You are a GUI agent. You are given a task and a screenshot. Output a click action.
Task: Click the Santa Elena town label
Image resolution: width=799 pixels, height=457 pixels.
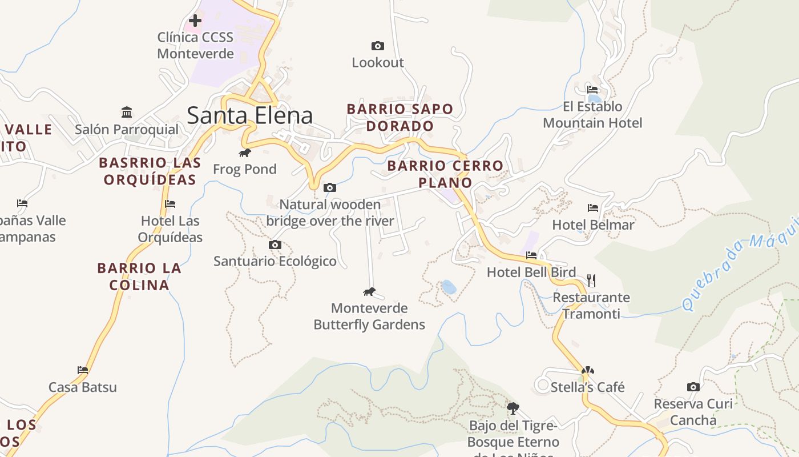pos(249,115)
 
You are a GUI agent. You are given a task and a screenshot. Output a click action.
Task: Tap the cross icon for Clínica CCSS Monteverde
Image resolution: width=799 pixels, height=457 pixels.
pos(195,21)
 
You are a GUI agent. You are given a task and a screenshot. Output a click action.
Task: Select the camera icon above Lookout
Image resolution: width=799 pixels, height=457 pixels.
pos(377,46)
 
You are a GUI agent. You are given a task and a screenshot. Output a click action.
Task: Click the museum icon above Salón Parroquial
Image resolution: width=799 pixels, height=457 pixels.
pos(127,112)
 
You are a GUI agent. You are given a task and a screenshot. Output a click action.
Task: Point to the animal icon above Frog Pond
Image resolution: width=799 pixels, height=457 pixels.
pos(245,153)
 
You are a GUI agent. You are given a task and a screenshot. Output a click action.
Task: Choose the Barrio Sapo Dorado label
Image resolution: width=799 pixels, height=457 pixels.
pos(399,117)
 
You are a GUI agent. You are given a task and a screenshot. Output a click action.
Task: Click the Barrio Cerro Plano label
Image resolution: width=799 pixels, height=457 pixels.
pos(445,174)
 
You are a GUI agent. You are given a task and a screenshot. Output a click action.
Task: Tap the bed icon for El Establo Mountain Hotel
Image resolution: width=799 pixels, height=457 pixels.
pos(592,90)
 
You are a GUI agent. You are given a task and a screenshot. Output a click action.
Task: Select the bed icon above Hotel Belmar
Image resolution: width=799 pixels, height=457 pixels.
pos(593,208)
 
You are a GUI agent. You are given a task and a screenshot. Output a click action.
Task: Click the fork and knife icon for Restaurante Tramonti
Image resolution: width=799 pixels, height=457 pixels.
pos(591,280)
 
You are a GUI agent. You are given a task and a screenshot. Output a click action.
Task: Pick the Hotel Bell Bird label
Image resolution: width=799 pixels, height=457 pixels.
pos(531,272)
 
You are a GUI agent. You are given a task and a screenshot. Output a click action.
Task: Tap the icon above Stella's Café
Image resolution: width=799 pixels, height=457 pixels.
pos(587,370)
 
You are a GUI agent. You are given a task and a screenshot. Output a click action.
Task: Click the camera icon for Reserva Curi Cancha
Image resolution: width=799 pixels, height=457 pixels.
pos(693,387)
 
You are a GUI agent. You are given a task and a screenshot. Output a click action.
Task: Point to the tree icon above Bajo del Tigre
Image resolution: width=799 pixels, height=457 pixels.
pos(513,408)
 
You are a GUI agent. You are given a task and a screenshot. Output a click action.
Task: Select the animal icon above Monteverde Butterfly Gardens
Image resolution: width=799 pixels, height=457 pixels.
pos(369,292)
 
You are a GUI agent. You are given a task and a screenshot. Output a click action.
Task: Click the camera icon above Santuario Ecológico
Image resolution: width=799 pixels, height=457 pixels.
pos(275,244)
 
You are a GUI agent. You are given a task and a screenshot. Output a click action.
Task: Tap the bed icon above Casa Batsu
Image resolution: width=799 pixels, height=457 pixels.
pos(83,370)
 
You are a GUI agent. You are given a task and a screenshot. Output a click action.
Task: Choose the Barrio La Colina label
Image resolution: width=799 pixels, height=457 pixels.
pos(139,276)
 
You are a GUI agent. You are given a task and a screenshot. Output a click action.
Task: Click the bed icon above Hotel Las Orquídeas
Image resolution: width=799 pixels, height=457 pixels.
pos(170,204)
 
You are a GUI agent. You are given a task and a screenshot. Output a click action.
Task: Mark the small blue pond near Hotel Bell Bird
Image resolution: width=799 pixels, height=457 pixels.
pos(449,287)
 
